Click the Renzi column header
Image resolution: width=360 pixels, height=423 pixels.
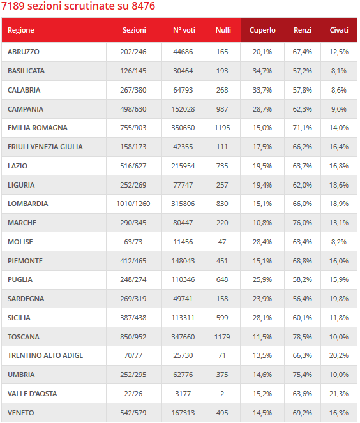(x=303, y=30)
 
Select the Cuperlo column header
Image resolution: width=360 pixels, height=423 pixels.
(x=262, y=30)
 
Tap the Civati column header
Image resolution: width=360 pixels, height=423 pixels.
(x=339, y=30)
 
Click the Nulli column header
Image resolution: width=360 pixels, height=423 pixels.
(x=223, y=30)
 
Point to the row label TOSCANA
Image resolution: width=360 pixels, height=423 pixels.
(x=24, y=337)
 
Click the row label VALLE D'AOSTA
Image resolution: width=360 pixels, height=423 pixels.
(x=33, y=394)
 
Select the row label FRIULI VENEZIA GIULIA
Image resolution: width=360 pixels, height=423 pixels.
(x=45, y=147)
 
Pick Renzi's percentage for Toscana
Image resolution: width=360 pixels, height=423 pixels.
(x=303, y=337)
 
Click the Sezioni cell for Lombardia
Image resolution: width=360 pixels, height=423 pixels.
(x=133, y=204)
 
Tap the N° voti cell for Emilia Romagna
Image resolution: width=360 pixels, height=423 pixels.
(x=183, y=128)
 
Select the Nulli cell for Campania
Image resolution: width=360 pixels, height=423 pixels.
(x=222, y=109)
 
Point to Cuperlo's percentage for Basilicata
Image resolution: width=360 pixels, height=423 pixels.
(x=262, y=71)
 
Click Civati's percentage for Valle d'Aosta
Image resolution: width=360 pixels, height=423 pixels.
(x=339, y=394)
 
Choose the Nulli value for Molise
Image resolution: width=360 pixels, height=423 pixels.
(x=222, y=242)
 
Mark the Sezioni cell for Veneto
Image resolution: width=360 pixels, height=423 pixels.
(x=133, y=413)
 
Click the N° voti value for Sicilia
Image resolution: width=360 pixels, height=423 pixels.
(x=183, y=318)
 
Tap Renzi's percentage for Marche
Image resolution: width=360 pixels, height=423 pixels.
(x=303, y=223)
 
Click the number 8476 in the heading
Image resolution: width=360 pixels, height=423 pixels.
(x=144, y=6)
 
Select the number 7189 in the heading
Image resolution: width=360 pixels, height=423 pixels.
(x=13, y=6)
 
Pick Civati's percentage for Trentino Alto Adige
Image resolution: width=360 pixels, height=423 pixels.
(x=339, y=355)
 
